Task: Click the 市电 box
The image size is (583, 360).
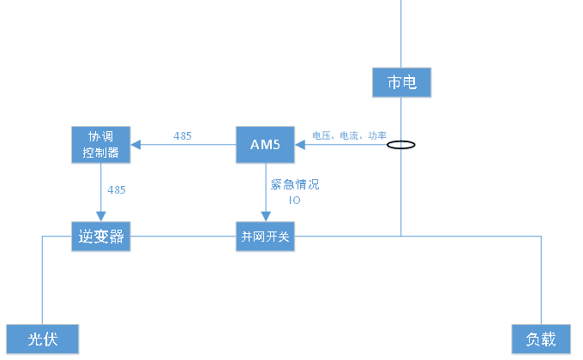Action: (x=401, y=82)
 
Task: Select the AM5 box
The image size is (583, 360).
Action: (x=265, y=144)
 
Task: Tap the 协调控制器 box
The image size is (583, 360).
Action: (x=100, y=145)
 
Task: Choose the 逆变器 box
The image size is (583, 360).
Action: (x=100, y=237)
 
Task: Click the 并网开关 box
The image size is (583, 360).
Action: (x=265, y=237)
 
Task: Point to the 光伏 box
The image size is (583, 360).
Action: (x=43, y=339)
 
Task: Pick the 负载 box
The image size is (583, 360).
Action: (x=541, y=339)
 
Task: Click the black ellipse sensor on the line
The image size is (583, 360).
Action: (x=401, y=145)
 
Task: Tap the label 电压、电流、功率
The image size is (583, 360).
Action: (x=349, y=135)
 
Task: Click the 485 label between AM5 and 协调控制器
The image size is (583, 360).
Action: (x=183, y=135)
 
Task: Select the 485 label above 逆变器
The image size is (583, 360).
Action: (x=116, y=189)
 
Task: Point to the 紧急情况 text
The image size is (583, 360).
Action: (x=294, y=183)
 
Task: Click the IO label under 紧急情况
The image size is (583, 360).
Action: (x=294, y=200)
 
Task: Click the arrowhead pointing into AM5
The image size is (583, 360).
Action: (x=300, y=144)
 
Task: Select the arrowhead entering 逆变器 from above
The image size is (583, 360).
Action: (x=100, y=216)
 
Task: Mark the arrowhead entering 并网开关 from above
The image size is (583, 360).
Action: (x=265, y=216)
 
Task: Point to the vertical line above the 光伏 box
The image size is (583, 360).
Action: (x=42, y=283)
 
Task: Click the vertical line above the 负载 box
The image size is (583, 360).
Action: (x=541, y=283)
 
